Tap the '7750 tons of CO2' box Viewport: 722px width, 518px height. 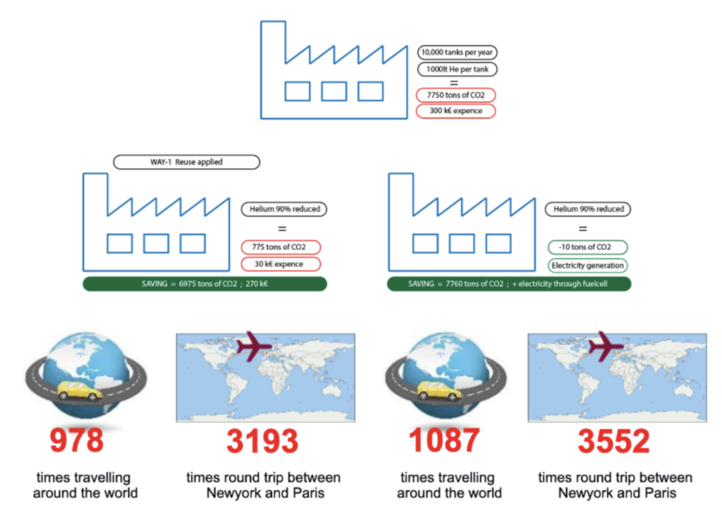click(x=455, y=95)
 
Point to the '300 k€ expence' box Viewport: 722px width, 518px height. click(x=455, y=112)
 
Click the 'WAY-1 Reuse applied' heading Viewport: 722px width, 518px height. click(x=186, y=162)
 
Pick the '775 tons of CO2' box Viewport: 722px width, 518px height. click(x=281, y=248)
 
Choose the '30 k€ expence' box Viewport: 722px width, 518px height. click(x=281, y=265)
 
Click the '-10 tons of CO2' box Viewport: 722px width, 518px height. click(x=587, y=248)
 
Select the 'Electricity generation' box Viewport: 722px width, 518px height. click(x=587, y=266)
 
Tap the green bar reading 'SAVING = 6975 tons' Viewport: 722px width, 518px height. click(x=204, y=284)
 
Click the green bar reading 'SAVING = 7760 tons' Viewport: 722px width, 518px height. click(x=508, y=284)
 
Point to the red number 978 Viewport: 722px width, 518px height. click(x=76, y=441)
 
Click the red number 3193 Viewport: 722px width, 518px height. click(x=262, y=441)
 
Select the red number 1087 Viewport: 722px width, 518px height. click(x=444, y=441)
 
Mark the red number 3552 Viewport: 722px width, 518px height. click(x=613, y=441)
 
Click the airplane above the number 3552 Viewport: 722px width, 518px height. click(x=608, y=344)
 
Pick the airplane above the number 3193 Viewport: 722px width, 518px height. click(x=255, y=344)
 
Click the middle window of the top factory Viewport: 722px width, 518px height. click(x=334, y=91)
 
